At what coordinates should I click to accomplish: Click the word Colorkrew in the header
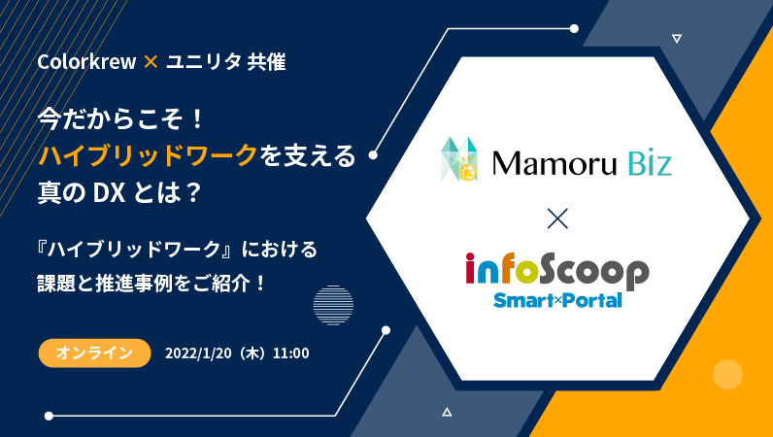86,61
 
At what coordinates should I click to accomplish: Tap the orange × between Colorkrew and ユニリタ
151,61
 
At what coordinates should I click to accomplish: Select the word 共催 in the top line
267,61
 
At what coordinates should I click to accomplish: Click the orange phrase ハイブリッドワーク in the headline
148,155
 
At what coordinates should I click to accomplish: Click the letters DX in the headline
109,192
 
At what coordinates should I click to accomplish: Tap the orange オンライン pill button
94,353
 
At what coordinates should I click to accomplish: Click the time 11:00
291,353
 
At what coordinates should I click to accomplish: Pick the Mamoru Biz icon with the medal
459,159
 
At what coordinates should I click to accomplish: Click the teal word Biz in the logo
650,163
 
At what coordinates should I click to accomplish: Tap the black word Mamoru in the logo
555,163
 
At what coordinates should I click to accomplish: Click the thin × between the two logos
557,218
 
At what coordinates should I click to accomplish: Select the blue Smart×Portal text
557,300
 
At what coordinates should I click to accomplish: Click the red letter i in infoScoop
470,268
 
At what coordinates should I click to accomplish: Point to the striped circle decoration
333,305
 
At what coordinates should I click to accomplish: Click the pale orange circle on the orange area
727,374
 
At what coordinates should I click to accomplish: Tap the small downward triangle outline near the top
677,39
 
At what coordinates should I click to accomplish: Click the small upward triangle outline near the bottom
447,412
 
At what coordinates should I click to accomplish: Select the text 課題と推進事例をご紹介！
151,284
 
